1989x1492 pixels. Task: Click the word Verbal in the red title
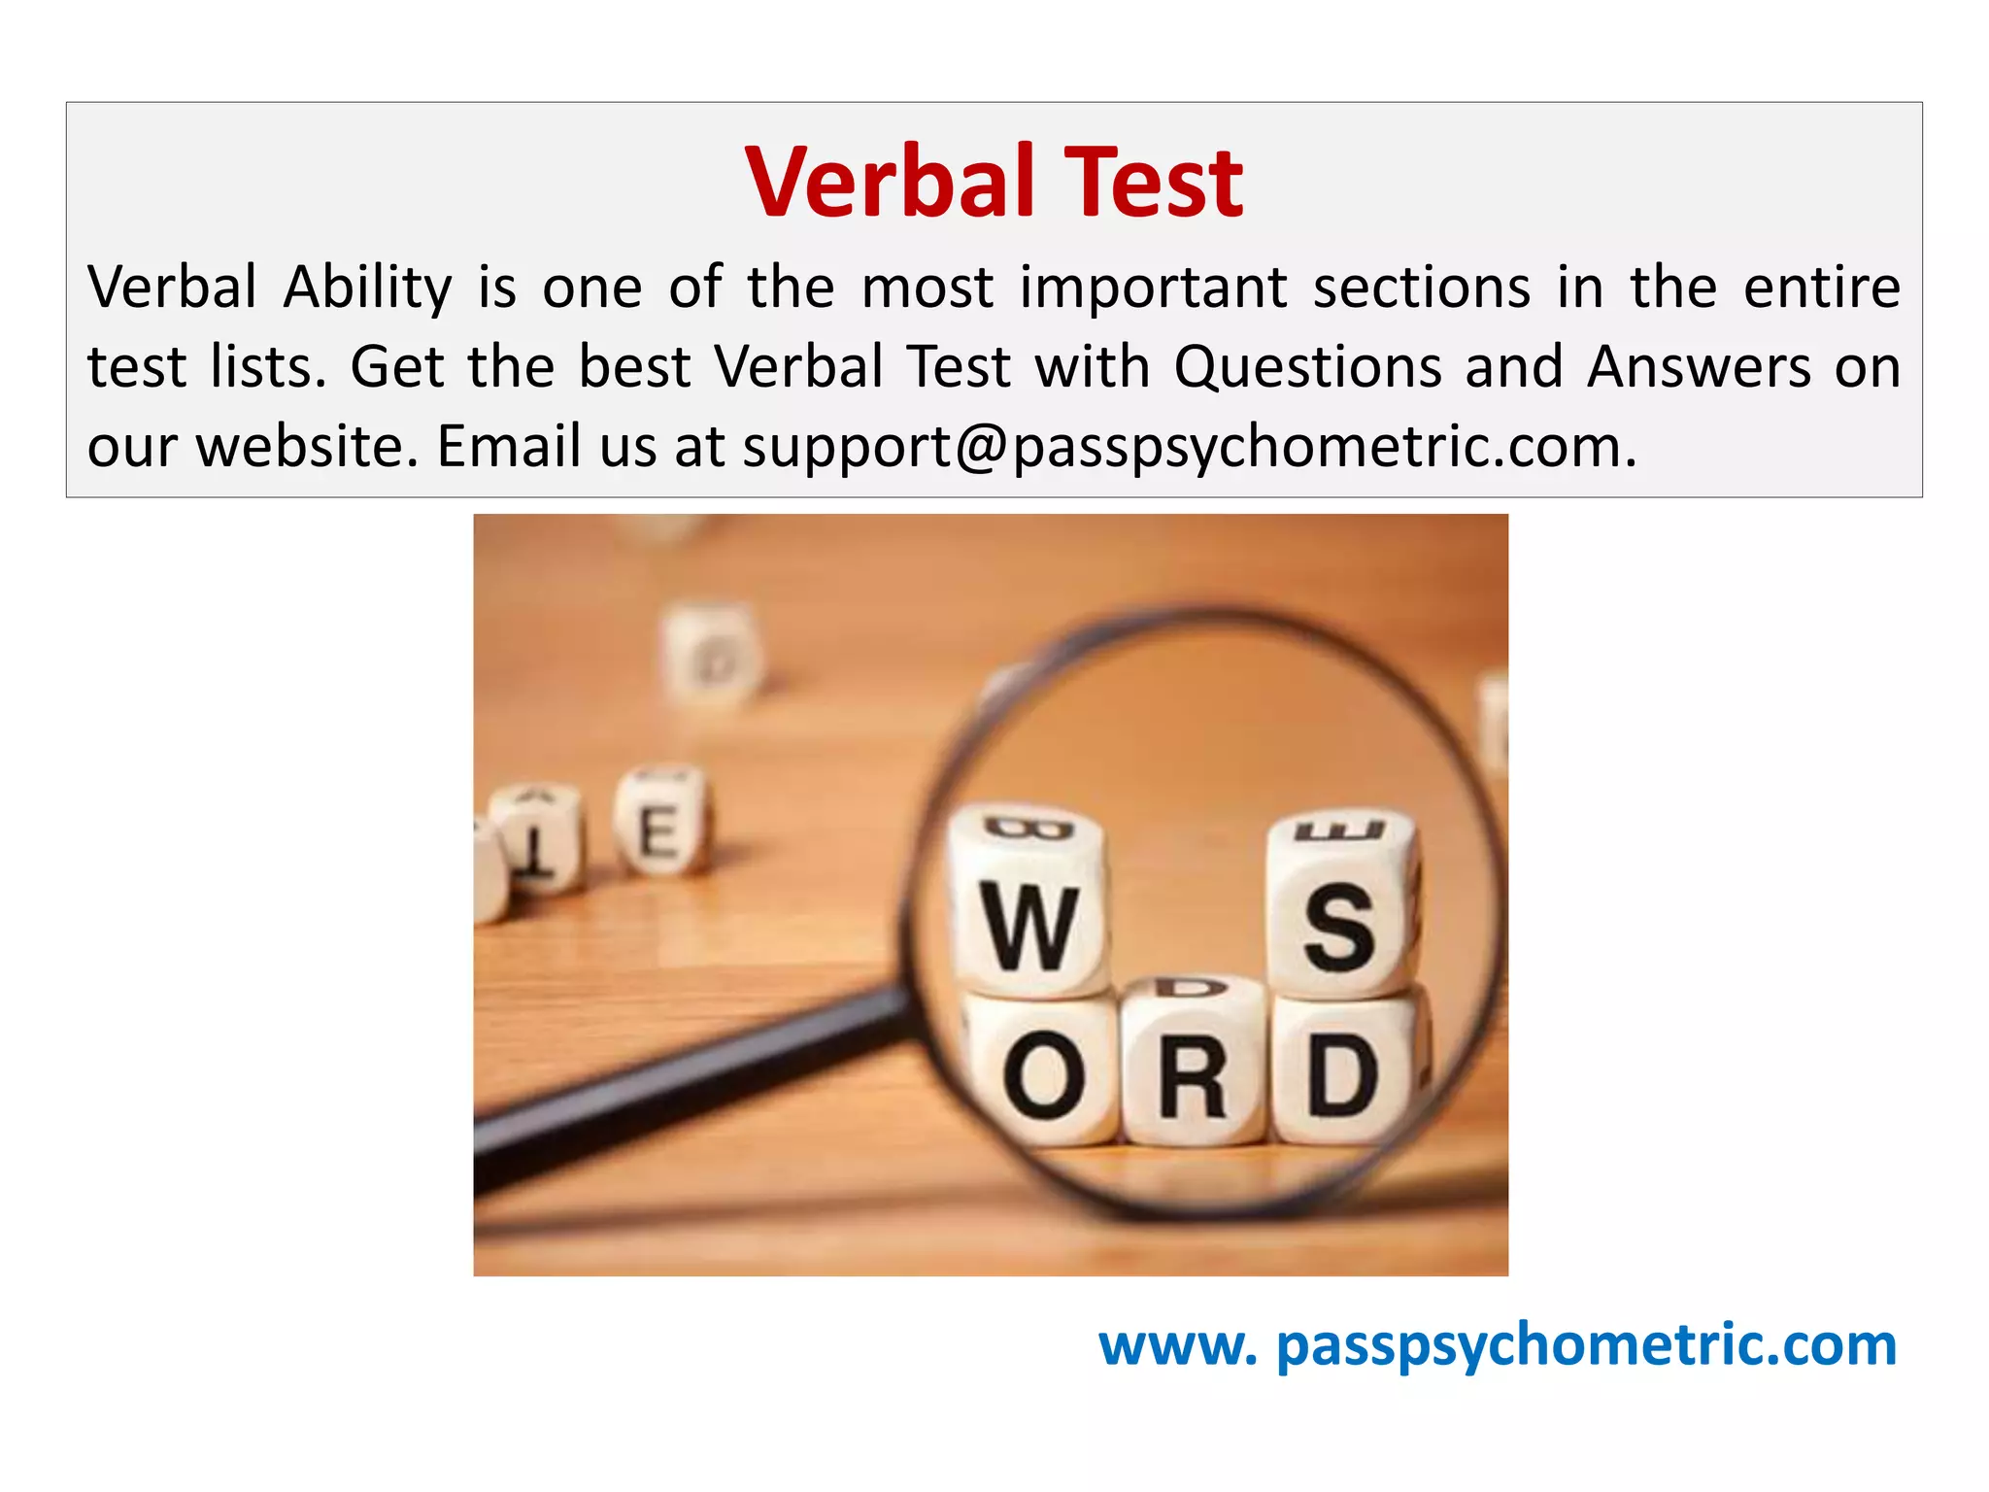[889, 182]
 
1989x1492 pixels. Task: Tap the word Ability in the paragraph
[368, 288]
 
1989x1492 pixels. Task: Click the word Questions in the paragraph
[1307, 368]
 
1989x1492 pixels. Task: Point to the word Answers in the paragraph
[1699, 368]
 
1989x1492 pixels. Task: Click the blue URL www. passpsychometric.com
[1497, 1345]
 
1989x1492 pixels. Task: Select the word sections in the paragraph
[1422, 288]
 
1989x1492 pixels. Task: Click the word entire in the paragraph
[1821, 288]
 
